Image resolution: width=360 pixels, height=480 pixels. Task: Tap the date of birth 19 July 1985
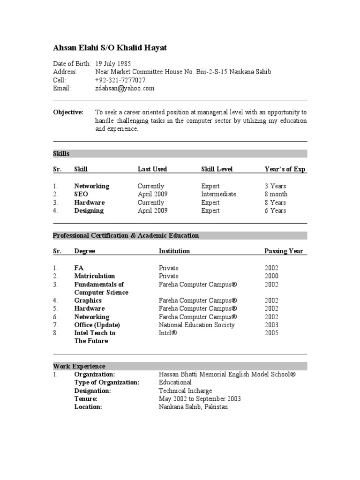pos(113,64)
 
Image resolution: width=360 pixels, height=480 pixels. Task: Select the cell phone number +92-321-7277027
pos(120,80)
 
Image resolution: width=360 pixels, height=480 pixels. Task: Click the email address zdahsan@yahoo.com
pos(125,88)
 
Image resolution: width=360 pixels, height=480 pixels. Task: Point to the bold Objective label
pos(68,112)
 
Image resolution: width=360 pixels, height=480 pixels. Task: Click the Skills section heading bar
pos(180,154)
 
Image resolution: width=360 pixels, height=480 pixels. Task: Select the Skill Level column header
pos(217,169)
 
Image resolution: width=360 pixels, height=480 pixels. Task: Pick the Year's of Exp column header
pos(285,169)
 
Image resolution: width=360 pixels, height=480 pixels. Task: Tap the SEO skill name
pos(81,194)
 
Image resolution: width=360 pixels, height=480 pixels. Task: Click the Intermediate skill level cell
pos(218,194)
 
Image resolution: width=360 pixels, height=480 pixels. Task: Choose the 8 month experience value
pos(276,194)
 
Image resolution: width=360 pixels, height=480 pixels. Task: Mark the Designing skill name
pos(89,210)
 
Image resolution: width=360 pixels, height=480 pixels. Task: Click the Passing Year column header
pos(284,251)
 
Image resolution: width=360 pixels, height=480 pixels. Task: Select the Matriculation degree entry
pos(94,276)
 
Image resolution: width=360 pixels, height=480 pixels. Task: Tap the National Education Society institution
pos(197,325)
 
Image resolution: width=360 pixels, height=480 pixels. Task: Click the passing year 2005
pos(271,333)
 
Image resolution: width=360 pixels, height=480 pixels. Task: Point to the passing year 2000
pos(271,276)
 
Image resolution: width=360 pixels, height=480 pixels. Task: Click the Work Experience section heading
pos(79,366)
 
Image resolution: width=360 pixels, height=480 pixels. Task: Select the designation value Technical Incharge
pos(185,390)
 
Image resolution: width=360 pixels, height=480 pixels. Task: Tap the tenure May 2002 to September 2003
pos(200,399)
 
